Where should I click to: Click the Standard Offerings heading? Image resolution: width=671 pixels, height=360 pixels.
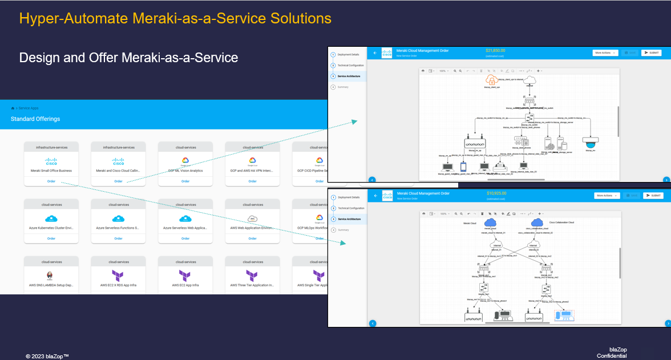tap(35, 119)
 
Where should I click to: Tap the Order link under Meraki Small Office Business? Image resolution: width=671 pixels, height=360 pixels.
tap(51, 181)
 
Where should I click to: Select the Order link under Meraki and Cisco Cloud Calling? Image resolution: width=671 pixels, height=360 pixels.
tap(118, 181)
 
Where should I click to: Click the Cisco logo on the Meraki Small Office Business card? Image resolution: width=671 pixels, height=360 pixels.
tap(51, 161)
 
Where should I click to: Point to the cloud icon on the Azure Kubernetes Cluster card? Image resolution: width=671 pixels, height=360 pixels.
tap(51, 219)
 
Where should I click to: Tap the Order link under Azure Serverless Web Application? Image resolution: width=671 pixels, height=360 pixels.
tap(185, 238)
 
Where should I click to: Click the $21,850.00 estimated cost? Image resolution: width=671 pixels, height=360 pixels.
tap(495, 51)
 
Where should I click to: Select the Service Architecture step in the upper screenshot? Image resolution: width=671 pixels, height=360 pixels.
tap(349, 76)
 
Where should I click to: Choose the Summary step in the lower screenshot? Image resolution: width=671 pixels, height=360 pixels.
tap(343, 230)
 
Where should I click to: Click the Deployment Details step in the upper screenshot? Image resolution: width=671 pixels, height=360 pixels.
tap(348, 54)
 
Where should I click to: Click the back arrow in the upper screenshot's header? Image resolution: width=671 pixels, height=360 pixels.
tap(375, 52)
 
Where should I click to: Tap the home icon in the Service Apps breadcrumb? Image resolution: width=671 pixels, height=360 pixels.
tap(13, 108)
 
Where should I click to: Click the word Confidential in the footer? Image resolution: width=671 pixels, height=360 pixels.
tap(612, 356)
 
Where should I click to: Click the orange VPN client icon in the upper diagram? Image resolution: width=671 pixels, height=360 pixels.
tap(491, 80)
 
